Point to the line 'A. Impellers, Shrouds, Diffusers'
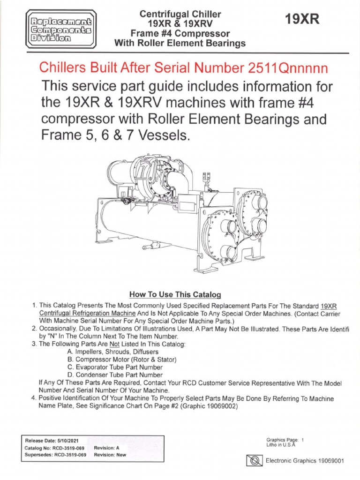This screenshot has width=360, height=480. click(112, 351)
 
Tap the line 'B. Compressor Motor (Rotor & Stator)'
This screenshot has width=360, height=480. click(121, 359)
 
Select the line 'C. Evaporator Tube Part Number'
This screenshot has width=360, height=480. click(115, 367)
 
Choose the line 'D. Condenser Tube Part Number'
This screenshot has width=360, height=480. click(115, 375)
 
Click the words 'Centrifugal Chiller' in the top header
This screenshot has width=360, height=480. click(180, 14)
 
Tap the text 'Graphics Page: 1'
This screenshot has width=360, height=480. click(285, 440)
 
